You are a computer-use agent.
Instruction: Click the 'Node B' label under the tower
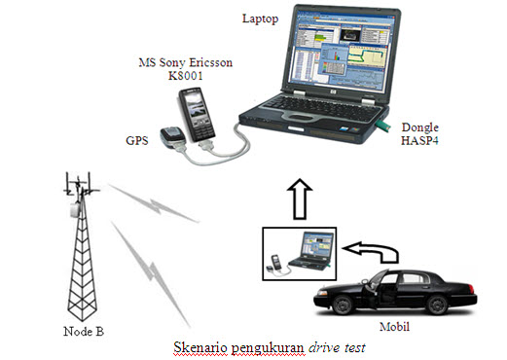(x=85, y=332)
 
